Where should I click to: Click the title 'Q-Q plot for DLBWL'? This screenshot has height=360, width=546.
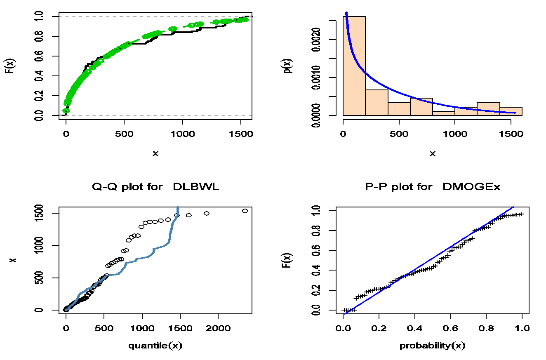[x=155, y=187]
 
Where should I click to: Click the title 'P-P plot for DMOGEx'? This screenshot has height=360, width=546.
[x=433, y=187]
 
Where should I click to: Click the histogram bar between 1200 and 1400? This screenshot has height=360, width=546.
[x=488, y=109]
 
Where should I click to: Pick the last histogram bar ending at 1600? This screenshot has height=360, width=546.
[x=511, y=111]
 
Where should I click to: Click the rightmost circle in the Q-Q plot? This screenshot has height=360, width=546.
[x=245, y=211]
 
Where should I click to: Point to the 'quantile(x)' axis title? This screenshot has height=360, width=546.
[x=155, y=346]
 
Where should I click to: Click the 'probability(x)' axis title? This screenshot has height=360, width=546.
[x=433, y=346]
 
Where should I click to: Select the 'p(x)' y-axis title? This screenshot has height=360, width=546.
[x=289, y=66]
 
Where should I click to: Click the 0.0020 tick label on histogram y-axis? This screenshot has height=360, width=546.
[x=316, y=40]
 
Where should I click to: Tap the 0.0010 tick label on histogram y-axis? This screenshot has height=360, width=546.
[x=316, y=78]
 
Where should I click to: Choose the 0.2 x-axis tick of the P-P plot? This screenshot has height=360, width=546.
[x=379, y=328]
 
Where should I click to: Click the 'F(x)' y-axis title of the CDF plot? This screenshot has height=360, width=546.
[x=12, y=66]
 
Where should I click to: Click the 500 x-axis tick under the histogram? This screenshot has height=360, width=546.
[x=399, y=134]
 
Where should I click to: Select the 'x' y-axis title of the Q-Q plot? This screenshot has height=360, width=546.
[x=12, y=260]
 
